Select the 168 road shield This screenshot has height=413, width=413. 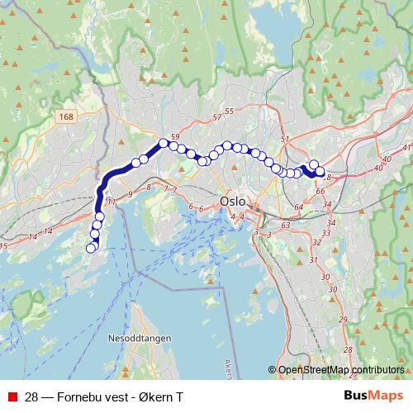(x=67, y=118)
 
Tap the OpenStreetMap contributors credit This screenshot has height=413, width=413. (x=340, y=370)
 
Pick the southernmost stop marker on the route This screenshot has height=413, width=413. (x=92, y=248)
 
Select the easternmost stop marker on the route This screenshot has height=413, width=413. (x=320, y=171)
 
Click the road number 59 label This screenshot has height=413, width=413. (x=174, y=137)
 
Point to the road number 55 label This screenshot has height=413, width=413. (x=230, y=112)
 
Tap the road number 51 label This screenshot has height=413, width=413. (x=285, y=140)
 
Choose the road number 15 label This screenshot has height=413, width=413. (x=3, y=245)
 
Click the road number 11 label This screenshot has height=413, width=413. (x=111, y=201)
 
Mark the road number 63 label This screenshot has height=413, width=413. (x=286, y=224)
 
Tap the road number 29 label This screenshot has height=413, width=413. (x=332, y=294)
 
